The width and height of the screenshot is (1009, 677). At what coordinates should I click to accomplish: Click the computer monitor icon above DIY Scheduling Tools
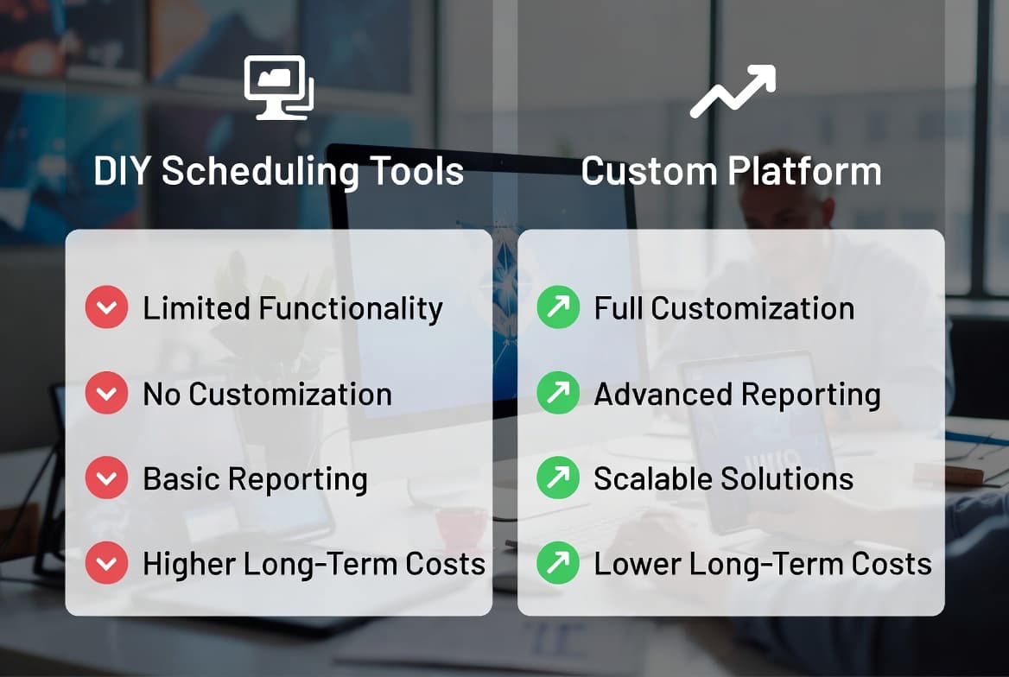tap(278, 87)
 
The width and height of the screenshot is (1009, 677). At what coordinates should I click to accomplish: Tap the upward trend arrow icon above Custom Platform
tap(732, 91)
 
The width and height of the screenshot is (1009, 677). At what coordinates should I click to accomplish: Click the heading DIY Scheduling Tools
tap(278, 171)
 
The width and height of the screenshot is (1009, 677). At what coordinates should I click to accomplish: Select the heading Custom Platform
tap(731, 171)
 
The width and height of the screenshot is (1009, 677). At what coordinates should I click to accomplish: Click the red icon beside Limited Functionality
tap(106, 308)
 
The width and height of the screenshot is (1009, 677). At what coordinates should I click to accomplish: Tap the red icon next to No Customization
tap(106, 394)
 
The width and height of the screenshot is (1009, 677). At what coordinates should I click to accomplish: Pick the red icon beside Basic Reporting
tap(106, 479)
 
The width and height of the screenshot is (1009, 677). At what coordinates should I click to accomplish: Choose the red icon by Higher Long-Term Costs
tap(106, 564)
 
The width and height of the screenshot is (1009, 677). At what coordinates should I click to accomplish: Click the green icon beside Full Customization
tap(558, 308)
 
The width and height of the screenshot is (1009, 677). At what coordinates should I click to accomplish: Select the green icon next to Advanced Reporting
tap(558, 394)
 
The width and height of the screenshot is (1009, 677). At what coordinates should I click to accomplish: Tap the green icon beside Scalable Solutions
tap(558, 479)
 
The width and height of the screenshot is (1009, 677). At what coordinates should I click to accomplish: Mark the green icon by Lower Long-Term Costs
tap(558, 564)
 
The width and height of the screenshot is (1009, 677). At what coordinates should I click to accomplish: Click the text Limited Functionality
tap(292, 308)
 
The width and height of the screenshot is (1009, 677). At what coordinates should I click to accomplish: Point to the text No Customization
tap(267, 394)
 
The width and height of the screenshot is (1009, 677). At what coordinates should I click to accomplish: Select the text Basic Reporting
tap(255, 479)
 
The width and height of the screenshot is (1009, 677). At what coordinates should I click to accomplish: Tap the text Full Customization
tap(724, 308)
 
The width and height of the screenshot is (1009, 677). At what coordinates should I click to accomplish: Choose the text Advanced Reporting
tap(737, 394)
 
